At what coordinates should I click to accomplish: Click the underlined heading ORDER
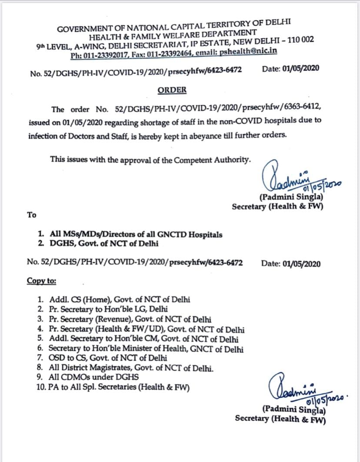pos(172,90)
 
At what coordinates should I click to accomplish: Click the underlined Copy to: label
pos(41,281)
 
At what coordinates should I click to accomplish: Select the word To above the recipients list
pos(32,214)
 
